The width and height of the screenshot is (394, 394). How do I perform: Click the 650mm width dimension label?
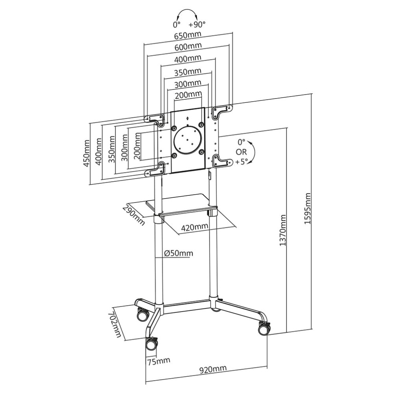pyautogui.click(x=188, y=35)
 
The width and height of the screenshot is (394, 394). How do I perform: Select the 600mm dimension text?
pyautogui.click(x=188, y=46)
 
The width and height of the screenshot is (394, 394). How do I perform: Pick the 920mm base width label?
pyautogui.click(x=213, y=369)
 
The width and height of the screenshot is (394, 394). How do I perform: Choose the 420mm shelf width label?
pyautogui.click(x=195, y=227)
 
